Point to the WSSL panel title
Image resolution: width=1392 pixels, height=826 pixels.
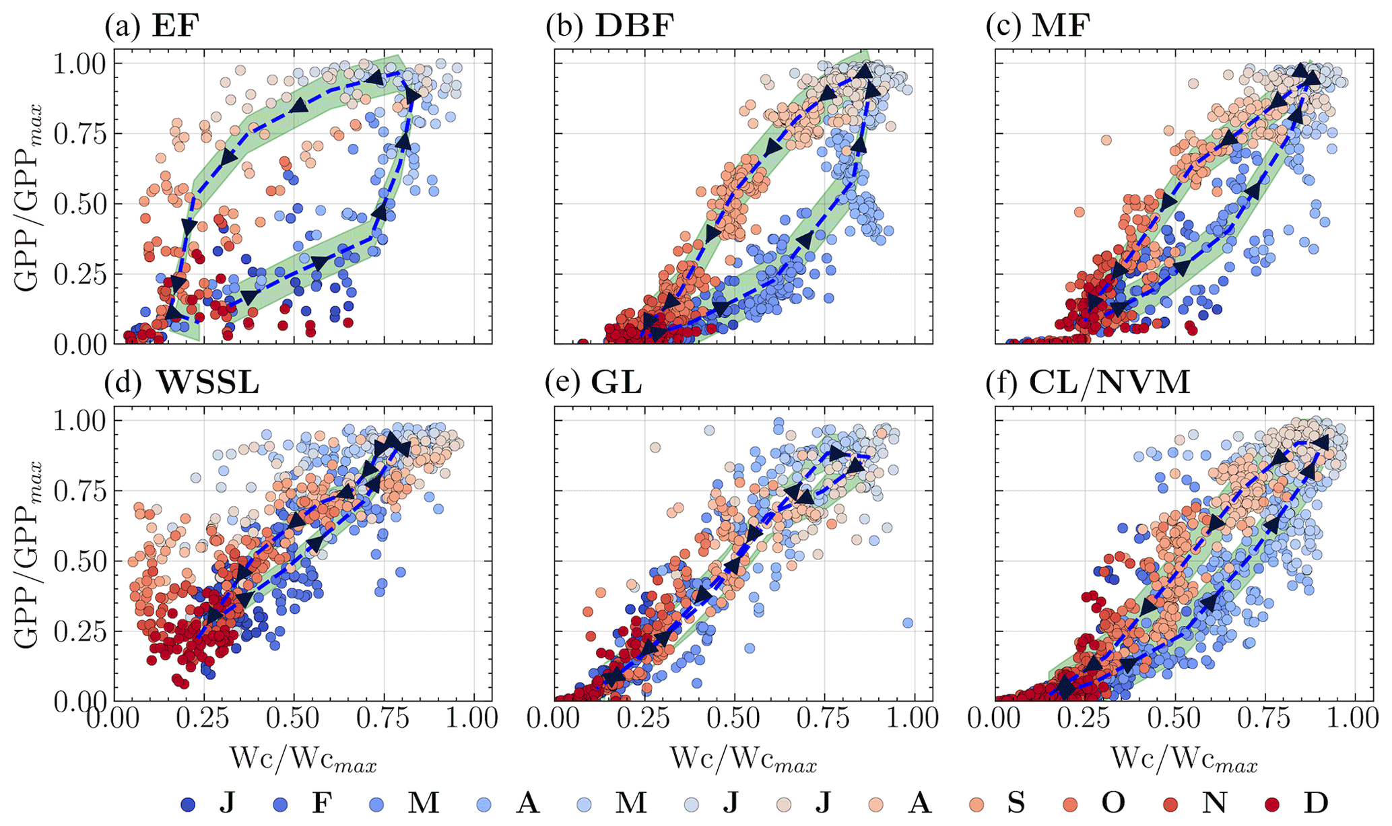pyautogui.click(x=208, y=383)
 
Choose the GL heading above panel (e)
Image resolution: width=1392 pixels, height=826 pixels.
pyautogui.click(x=616, y=383)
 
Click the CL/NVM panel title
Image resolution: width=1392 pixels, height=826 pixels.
pyautogui.click(x=1109, y=383)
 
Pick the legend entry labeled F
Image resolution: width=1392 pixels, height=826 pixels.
pyautogui.click(x=307, y=803)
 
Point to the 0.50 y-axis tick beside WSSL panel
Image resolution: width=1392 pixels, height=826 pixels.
pyautogui.click(x=80, y=561)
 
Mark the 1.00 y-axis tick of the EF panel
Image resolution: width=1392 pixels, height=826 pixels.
pyautogui.click(x=80, y=64)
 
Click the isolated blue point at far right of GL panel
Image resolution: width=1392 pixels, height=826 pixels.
pyautogui.click(x=907, y=623)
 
